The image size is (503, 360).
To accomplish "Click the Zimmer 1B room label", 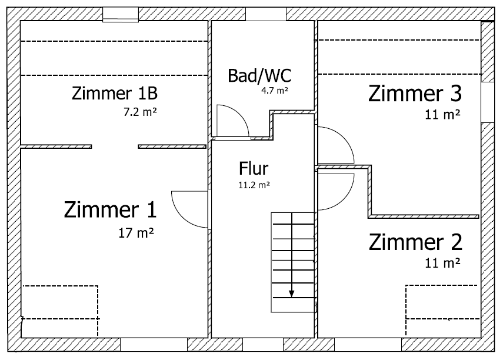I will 114,94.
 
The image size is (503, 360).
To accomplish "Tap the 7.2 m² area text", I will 139,111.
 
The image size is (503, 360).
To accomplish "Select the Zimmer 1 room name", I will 111,209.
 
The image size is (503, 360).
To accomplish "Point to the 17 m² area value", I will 136,232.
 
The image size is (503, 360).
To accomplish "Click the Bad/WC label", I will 259,75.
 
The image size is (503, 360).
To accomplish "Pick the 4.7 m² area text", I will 275,91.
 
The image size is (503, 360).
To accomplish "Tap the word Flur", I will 254,169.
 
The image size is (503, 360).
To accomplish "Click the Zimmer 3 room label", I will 415,94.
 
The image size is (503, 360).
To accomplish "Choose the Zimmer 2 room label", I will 415,242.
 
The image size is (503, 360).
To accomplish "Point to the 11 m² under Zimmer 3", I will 442,115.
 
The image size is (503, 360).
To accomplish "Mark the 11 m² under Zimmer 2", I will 442,262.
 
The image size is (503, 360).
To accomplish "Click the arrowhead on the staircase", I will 291,294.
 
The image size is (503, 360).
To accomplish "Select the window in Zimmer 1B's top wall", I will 120,15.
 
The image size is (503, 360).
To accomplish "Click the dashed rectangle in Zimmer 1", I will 59,302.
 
